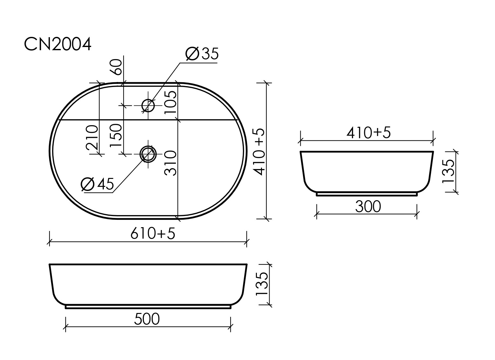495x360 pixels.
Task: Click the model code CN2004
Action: click(57, 44)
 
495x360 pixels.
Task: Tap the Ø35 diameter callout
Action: click(202, 54)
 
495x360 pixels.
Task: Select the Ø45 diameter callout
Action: click(97, 184)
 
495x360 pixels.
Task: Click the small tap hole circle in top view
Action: click(148, 105)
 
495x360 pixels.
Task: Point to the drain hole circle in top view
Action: click(148, 154)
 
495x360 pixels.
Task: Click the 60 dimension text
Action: click(116, 67)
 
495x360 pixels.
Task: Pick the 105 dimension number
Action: click(171, 102)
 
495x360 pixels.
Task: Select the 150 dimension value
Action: click(116, 135)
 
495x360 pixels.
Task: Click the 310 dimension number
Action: click(171, 163)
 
